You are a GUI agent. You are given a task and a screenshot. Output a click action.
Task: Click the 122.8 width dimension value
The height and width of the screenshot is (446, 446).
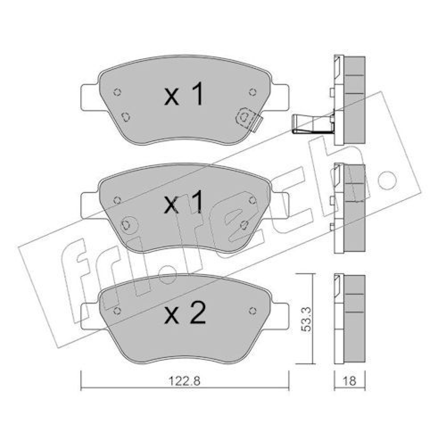coord(185,381)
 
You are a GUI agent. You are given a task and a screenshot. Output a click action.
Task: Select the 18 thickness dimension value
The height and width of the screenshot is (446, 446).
coord(350,381)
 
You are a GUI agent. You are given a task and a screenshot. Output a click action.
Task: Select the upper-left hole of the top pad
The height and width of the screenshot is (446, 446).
coord(117,92)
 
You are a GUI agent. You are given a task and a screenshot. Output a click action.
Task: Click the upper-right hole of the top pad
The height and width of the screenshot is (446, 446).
coord(252,92)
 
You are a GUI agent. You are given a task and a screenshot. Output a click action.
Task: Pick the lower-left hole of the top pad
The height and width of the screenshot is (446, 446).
coord(126,117)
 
